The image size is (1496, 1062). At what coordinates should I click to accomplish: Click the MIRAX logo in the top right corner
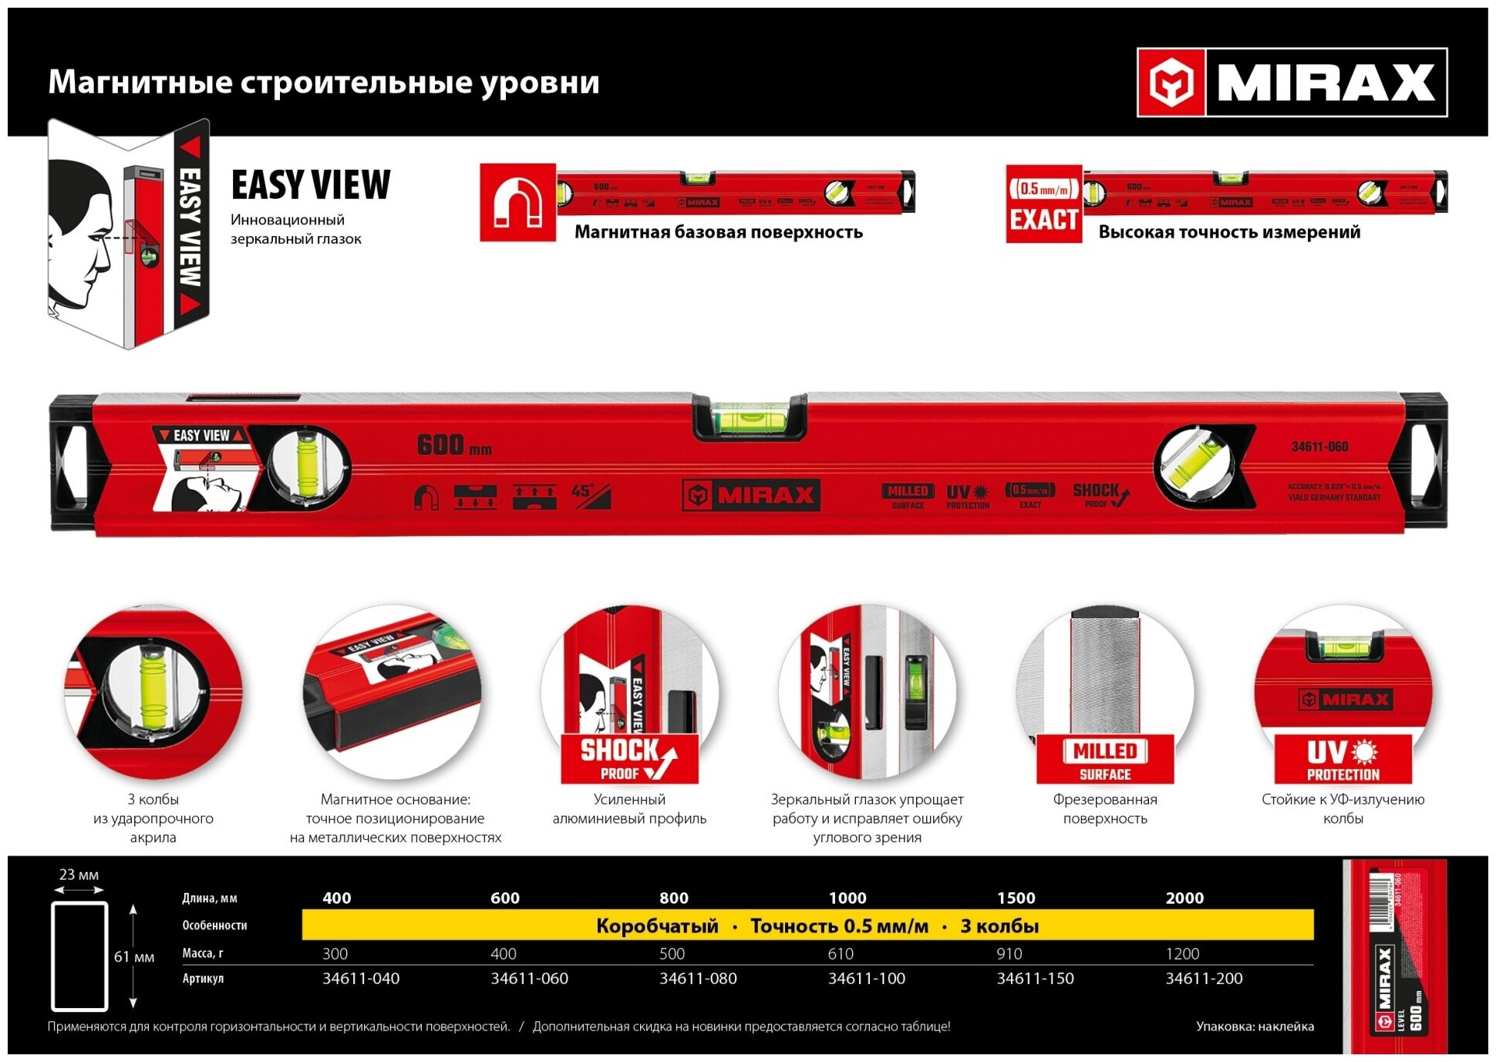1292,83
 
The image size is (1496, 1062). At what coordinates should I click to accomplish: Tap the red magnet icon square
517,202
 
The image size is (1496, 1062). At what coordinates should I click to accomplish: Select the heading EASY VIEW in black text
311,185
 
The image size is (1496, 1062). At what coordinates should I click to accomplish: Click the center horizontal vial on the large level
750,419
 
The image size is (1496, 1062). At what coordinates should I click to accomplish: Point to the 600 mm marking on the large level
453,445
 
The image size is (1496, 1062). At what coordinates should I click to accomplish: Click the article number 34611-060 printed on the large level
1319,447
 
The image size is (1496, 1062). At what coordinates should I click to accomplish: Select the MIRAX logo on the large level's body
751,495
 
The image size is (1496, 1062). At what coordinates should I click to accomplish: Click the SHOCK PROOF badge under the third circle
629,759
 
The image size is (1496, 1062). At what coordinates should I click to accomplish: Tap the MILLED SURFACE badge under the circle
1105,759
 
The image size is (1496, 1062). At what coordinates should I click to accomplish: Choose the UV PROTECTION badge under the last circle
1343,759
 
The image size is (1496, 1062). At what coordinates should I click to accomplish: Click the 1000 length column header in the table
847,898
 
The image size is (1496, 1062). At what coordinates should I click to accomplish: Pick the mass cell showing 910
1009,954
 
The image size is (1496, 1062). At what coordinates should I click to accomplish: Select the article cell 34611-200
1204,979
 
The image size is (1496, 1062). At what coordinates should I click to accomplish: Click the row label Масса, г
203,953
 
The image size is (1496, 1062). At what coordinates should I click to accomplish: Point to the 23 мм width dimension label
79,875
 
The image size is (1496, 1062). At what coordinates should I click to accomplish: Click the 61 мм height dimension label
134,957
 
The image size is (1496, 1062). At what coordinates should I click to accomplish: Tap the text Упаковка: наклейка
1255,1026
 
